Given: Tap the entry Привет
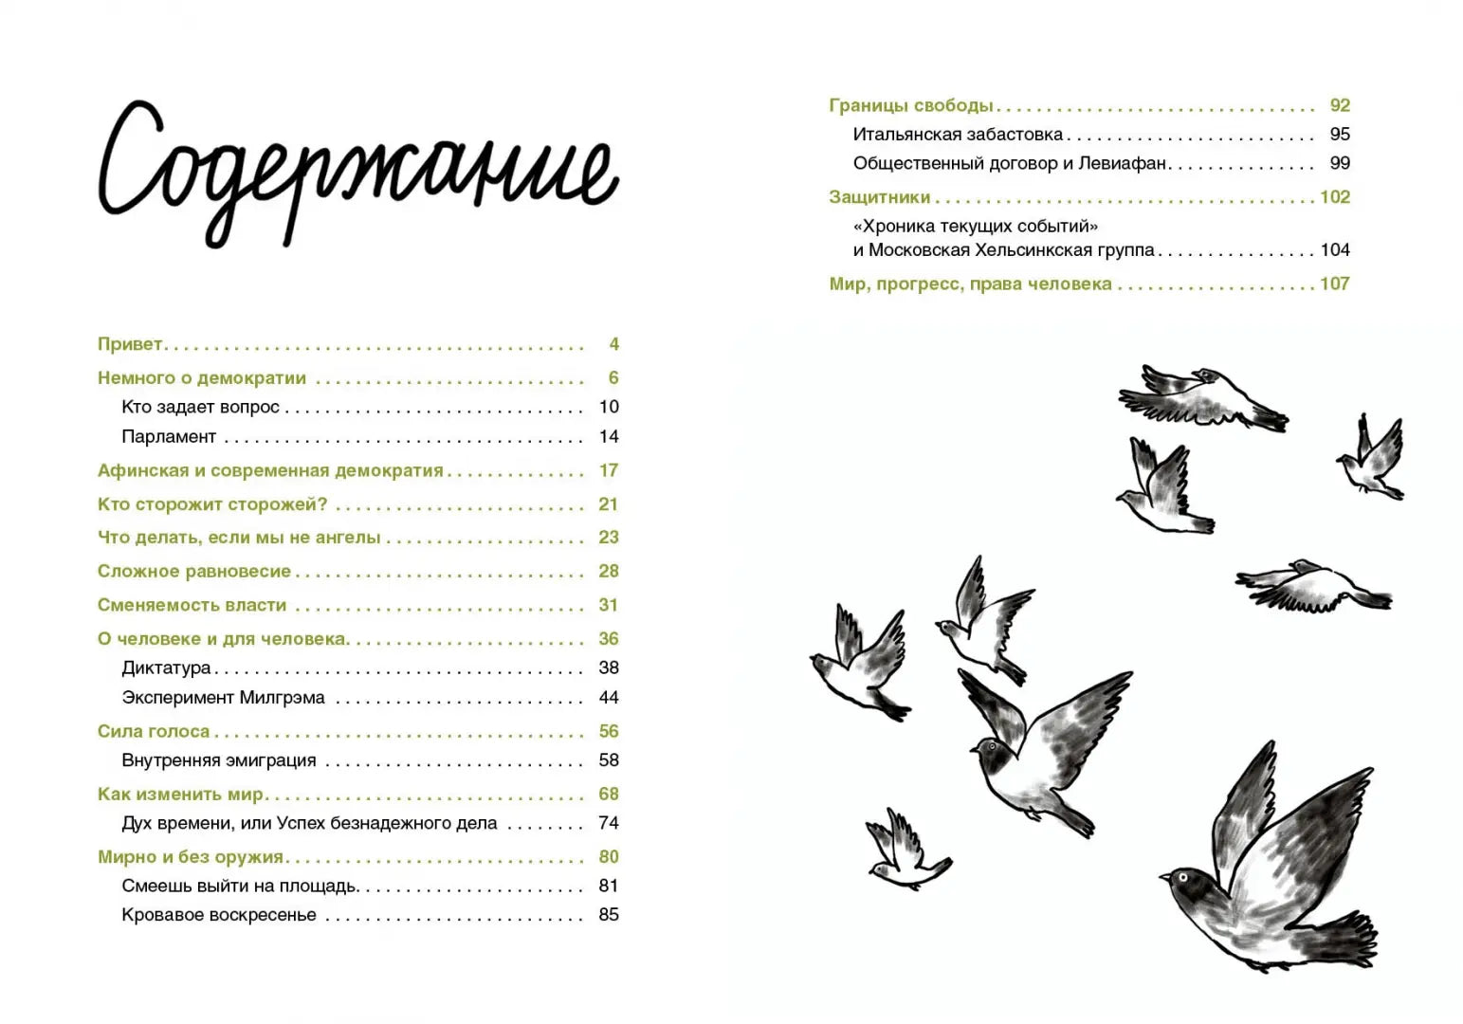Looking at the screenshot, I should (x=130, y=344).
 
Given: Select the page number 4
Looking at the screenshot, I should (x=613, y=344).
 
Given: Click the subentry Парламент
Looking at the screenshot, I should (x=169, y=437).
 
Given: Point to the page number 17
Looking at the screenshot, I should (x=609, y=470).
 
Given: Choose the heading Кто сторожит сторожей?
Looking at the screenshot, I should (x=212, y=504).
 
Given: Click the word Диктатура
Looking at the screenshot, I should (x=166, y=667).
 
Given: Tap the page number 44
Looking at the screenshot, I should (x=609, y=698).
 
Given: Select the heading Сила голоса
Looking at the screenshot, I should (x=154, y=731).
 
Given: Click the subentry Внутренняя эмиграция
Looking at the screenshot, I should (x=218, y=760).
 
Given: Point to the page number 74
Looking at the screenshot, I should (x=609, y=823).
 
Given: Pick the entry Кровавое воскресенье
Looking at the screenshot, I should (x=218, y=915).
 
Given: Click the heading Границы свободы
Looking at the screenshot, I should (x=911, y=105).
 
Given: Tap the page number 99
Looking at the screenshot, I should (x=1340, y=163).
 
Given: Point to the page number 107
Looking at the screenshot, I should (x=1334, y=283).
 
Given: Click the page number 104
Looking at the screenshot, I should (x=1334, y=250).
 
